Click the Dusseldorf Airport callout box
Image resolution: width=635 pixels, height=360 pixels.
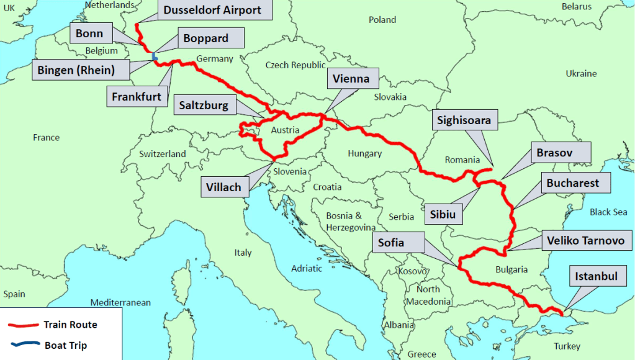point(212,10)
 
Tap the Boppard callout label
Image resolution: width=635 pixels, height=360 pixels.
point(205,38)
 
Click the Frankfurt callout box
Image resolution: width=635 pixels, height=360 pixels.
point(137,96)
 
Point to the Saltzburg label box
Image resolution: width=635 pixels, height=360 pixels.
point(204,105)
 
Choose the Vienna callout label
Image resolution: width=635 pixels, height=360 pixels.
point(351,78)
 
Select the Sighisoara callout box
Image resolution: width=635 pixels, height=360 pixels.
point(464,120)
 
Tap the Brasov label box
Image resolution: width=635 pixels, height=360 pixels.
point(554,152)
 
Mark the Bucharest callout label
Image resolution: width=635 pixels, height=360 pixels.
point(573,183)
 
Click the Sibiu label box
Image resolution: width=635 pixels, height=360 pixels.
point(443,215)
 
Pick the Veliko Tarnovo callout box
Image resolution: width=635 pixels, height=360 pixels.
point(582,240)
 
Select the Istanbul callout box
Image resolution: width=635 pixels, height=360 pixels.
point(596,276)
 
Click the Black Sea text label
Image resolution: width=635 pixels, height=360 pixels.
point(608,212)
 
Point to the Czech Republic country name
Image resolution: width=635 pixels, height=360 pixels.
point(295,65)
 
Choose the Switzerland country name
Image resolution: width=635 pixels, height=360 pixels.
point(162,153)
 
